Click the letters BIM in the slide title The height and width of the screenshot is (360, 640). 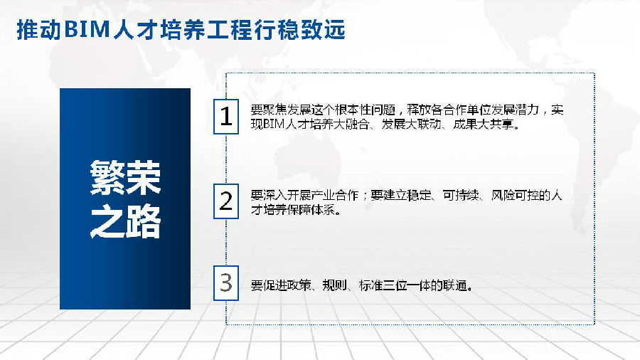click(87, 30)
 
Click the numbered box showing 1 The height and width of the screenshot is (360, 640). click(226, 117)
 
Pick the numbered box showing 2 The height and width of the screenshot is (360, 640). click(226, 201)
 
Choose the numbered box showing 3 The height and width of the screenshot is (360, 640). click(226, 283)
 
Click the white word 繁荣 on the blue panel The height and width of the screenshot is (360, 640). click(125, 178)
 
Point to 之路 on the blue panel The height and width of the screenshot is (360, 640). click(125, 221)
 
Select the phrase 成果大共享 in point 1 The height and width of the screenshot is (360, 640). click(484, 124)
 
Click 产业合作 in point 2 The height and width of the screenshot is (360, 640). click(335, 196)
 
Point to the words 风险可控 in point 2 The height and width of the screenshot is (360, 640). click(515, 196)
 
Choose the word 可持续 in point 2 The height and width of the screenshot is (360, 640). click(461, 196)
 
